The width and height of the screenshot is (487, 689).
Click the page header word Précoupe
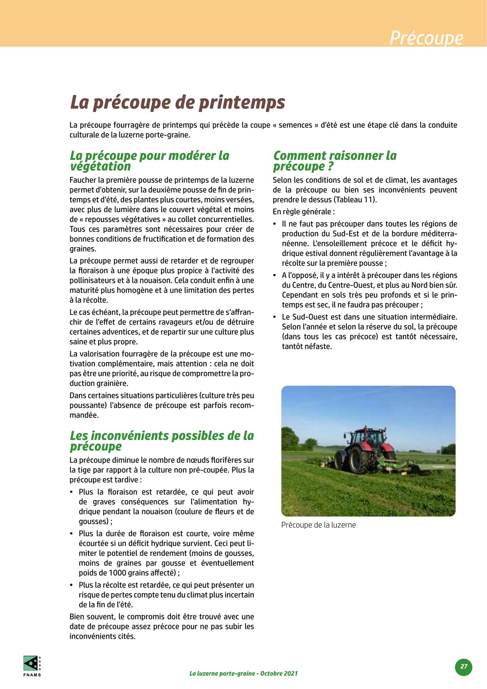point(426,38)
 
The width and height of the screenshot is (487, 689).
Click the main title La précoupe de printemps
point(177,103)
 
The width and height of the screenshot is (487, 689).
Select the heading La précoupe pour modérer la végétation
point(149,161)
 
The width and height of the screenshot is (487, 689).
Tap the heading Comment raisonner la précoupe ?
point(335,161)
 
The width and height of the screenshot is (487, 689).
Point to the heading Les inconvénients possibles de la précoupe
point(162,441)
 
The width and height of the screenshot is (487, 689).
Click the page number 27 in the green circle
point(464,666)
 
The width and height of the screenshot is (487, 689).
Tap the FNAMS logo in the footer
point(32,665)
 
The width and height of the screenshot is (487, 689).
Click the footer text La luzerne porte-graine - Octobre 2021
point(243,673)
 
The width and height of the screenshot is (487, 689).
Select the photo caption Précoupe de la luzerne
point(319,525)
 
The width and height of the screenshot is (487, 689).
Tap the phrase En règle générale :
point(304,212)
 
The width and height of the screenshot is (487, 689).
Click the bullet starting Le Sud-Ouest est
point(369,332)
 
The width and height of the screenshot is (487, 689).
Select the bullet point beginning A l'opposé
point(369,290)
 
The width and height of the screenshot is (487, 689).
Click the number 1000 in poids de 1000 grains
point(117,573)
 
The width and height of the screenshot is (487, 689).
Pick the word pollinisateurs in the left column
point(94,280)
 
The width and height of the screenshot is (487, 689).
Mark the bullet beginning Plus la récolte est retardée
point(166,595)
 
